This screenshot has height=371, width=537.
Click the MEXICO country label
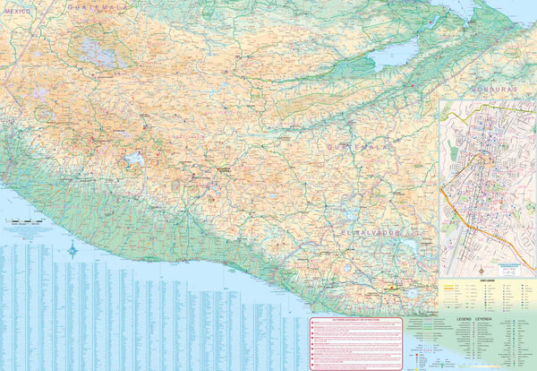[17, 11]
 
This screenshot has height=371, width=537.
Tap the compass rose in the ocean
[72, 251]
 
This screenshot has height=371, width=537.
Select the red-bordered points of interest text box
[356, 341]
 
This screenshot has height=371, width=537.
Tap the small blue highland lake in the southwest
[135, 160]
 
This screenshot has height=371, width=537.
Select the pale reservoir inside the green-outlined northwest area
[96, 52]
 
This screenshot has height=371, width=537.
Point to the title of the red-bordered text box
[356, 318]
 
